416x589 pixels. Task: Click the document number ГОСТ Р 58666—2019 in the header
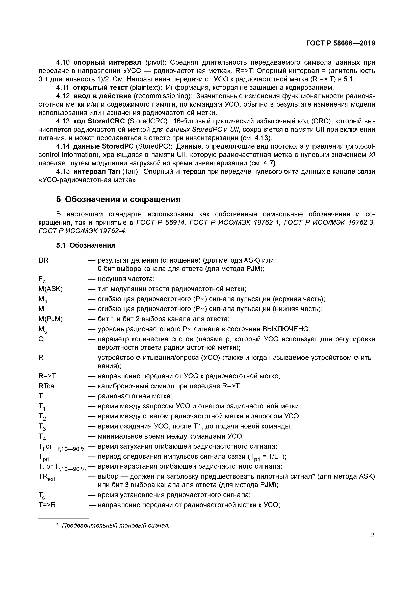340,43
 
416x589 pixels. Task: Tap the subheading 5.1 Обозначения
86,245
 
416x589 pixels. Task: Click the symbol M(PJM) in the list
50,319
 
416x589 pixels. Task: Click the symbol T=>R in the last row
47,505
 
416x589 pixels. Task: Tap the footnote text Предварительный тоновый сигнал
116,526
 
